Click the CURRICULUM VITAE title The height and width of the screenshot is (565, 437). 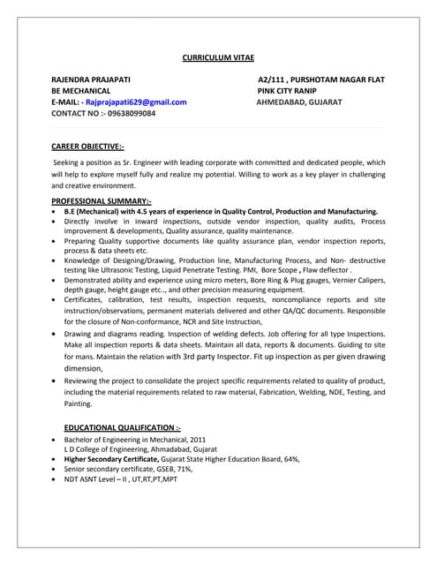click(217, 56)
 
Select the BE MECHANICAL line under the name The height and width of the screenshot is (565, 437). click(81, 91)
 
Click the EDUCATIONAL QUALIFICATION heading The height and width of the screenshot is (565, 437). click(123, 426)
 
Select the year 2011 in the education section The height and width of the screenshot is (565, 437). click(198, 439)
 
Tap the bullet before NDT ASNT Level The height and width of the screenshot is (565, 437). click(56, 479)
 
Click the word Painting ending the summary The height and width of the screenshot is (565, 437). click(77, 403)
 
